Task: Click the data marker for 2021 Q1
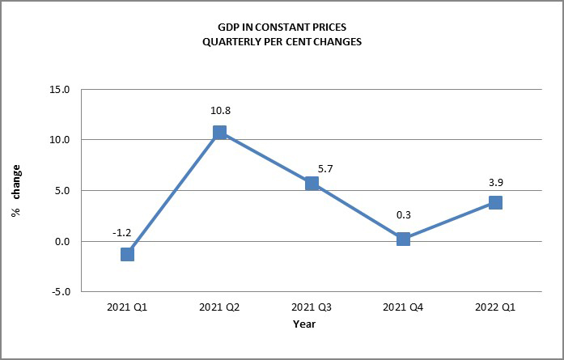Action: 127,254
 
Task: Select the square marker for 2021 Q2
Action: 219,133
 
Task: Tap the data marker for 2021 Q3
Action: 312,184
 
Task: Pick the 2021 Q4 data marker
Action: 403,239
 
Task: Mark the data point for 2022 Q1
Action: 495,202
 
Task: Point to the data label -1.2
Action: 121,232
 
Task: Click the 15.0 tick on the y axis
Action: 60,89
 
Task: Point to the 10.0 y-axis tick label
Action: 60,140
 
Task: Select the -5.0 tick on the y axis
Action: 60,292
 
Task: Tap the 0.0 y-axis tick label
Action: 62,241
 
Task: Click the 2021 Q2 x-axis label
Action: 219,307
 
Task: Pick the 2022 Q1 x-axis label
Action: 495,307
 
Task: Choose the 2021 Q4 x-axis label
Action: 403,307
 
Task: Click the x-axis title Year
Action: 305,324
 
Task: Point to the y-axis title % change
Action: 16,191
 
